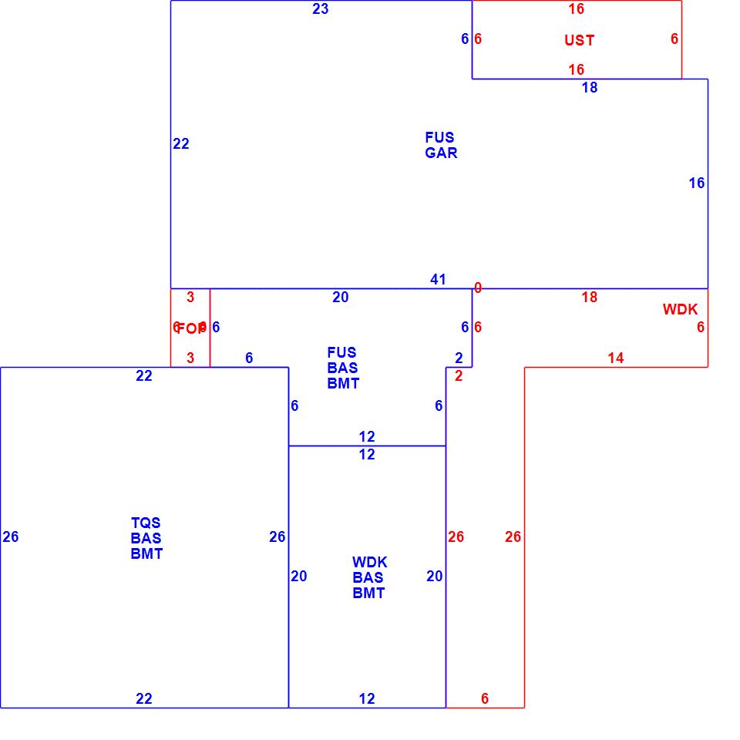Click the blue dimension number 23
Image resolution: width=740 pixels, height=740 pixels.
pos(321,9)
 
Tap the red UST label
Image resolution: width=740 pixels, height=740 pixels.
pos(579,41)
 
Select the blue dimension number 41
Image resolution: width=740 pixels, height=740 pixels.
pos(438,279)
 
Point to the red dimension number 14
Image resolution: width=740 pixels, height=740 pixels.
pos(615,358)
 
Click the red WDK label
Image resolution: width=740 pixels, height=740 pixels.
pos(680,310)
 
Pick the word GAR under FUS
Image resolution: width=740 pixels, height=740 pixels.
pos(441,153)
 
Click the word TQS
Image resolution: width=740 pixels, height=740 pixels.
pos(146,523)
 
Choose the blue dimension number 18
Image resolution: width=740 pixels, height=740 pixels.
pos(590,88)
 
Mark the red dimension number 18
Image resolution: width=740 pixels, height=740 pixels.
pos(589,298)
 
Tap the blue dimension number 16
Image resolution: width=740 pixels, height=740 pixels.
pos(697,183)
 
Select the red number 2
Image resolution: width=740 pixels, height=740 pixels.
pos(459,376)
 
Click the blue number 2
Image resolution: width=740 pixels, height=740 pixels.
pos(459,358)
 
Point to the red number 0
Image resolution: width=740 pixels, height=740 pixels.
pos(478,288)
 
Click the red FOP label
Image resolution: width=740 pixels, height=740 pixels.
pos(191,328)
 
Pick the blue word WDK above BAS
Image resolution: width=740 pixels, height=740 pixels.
pos(370,563)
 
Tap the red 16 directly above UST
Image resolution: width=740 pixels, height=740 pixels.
pos(576,9)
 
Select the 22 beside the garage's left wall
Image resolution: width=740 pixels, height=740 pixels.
pos(181,144)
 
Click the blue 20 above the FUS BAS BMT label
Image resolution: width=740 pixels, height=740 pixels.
pos(340,298)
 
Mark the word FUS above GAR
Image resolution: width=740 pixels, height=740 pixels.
pos(439,138)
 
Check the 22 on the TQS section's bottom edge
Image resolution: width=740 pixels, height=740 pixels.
pos(144,699)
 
